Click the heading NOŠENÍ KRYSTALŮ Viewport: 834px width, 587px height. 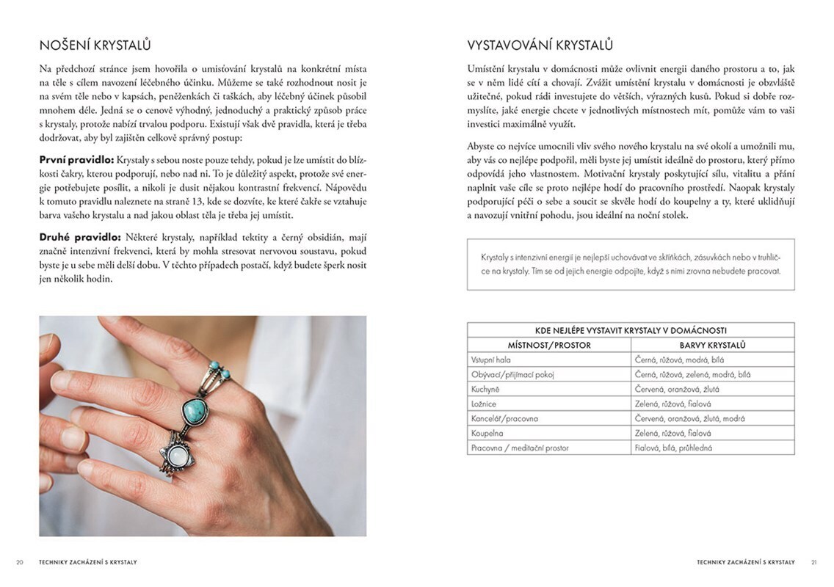[x=95, y=45]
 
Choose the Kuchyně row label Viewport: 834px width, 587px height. [x=485, y=389]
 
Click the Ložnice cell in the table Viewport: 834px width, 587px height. [x=485, y=404]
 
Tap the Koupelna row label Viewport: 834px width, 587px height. [x=487, y=433]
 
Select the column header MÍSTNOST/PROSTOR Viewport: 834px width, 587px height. [x=549, y=345]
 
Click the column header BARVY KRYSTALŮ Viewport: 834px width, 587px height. [x=712, y=345]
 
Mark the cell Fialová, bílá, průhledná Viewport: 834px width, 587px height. [x=673, y=448]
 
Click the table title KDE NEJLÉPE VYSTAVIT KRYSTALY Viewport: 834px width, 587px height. [x=631, y=330]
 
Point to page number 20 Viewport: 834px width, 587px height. [x=20, y=562]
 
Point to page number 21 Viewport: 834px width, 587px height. [x=813, y=562]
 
